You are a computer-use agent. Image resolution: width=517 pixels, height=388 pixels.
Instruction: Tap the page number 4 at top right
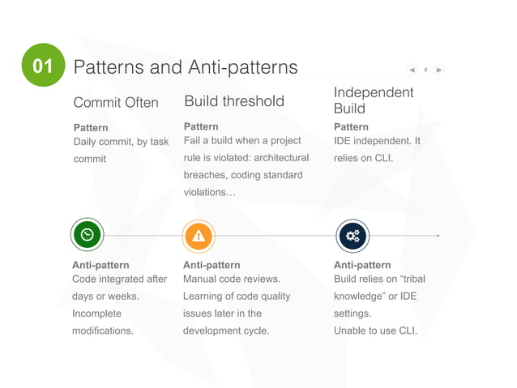(425, 70)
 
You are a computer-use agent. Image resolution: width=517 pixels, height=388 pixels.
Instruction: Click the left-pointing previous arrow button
(412, 70)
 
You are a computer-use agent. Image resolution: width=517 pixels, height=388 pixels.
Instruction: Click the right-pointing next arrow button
(438, 70)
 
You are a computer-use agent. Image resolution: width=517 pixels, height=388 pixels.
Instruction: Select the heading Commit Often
(116, 103)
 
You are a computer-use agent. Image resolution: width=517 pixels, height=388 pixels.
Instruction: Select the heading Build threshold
(234, 101)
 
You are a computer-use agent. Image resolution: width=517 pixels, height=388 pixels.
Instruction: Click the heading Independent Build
(374, 100)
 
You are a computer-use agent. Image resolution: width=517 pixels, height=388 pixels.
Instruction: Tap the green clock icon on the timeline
(87, 235)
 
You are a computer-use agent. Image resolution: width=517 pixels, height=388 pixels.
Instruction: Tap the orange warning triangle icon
(199, 236)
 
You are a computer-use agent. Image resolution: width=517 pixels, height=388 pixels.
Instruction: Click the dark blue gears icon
(352, 236)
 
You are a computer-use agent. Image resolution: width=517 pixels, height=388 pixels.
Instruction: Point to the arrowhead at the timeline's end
(438, 236)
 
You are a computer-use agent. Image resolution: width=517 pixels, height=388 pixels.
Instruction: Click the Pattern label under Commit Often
(91, 128)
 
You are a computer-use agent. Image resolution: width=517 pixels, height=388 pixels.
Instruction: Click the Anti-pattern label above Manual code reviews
(211, 265)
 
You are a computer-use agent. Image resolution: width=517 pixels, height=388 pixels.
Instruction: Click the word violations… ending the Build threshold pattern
(210, 192)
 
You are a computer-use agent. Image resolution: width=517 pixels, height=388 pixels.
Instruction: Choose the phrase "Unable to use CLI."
(376, 330)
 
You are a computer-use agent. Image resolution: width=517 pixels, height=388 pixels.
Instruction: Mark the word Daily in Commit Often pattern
(87, 142)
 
